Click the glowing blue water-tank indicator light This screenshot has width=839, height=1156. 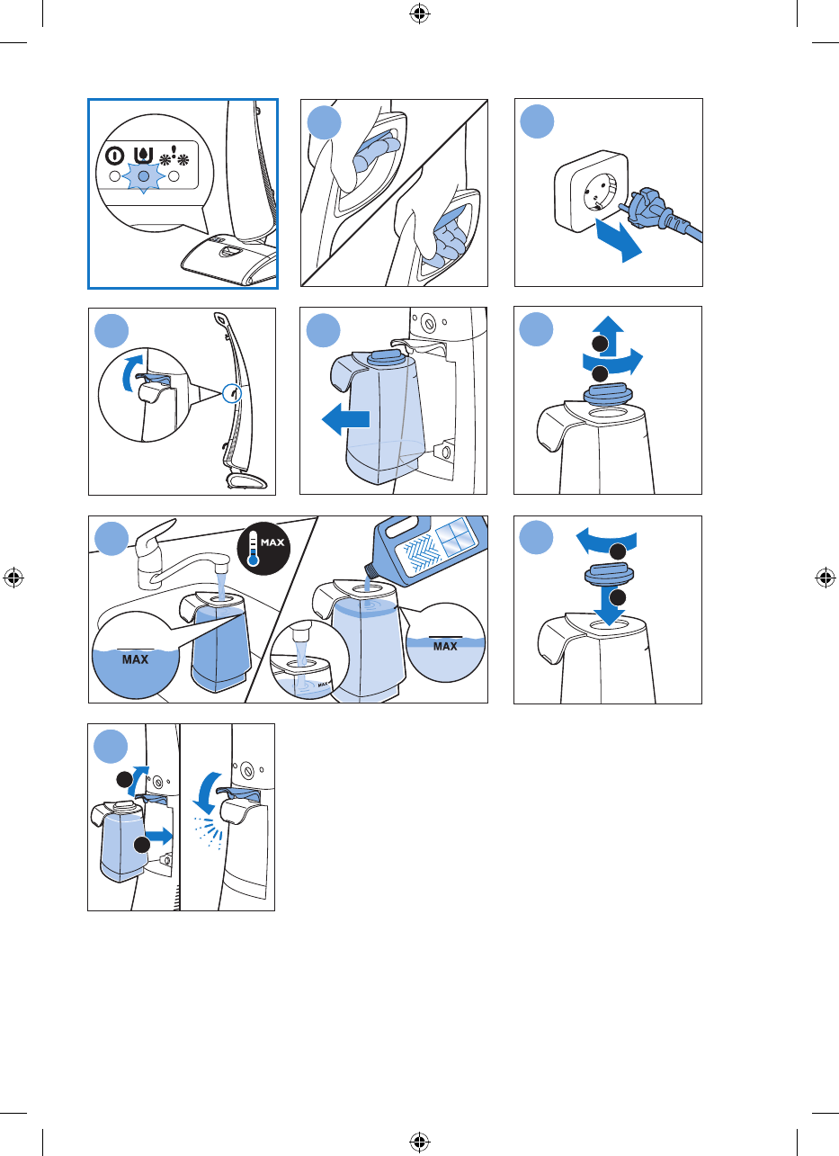point(144,176)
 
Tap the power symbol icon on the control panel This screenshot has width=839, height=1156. point(114,156)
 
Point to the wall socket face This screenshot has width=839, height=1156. point(601,192)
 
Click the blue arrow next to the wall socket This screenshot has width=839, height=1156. point(619,240)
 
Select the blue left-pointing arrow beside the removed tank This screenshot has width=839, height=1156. point(345,419)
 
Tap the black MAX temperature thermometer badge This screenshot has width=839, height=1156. point(263,548)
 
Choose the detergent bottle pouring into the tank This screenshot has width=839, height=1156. point(431,550)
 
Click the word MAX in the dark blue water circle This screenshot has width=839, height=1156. point(135,659)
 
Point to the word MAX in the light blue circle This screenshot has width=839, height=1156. point(445,646)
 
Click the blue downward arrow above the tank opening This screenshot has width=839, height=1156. point(609,606)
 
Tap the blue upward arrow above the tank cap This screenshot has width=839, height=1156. point(609,336)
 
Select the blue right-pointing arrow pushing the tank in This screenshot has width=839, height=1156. point(159,836)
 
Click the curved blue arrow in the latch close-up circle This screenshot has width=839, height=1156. point(130,372)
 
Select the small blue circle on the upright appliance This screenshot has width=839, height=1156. point(233,393)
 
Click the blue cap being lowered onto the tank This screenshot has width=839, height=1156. point(609,574)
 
